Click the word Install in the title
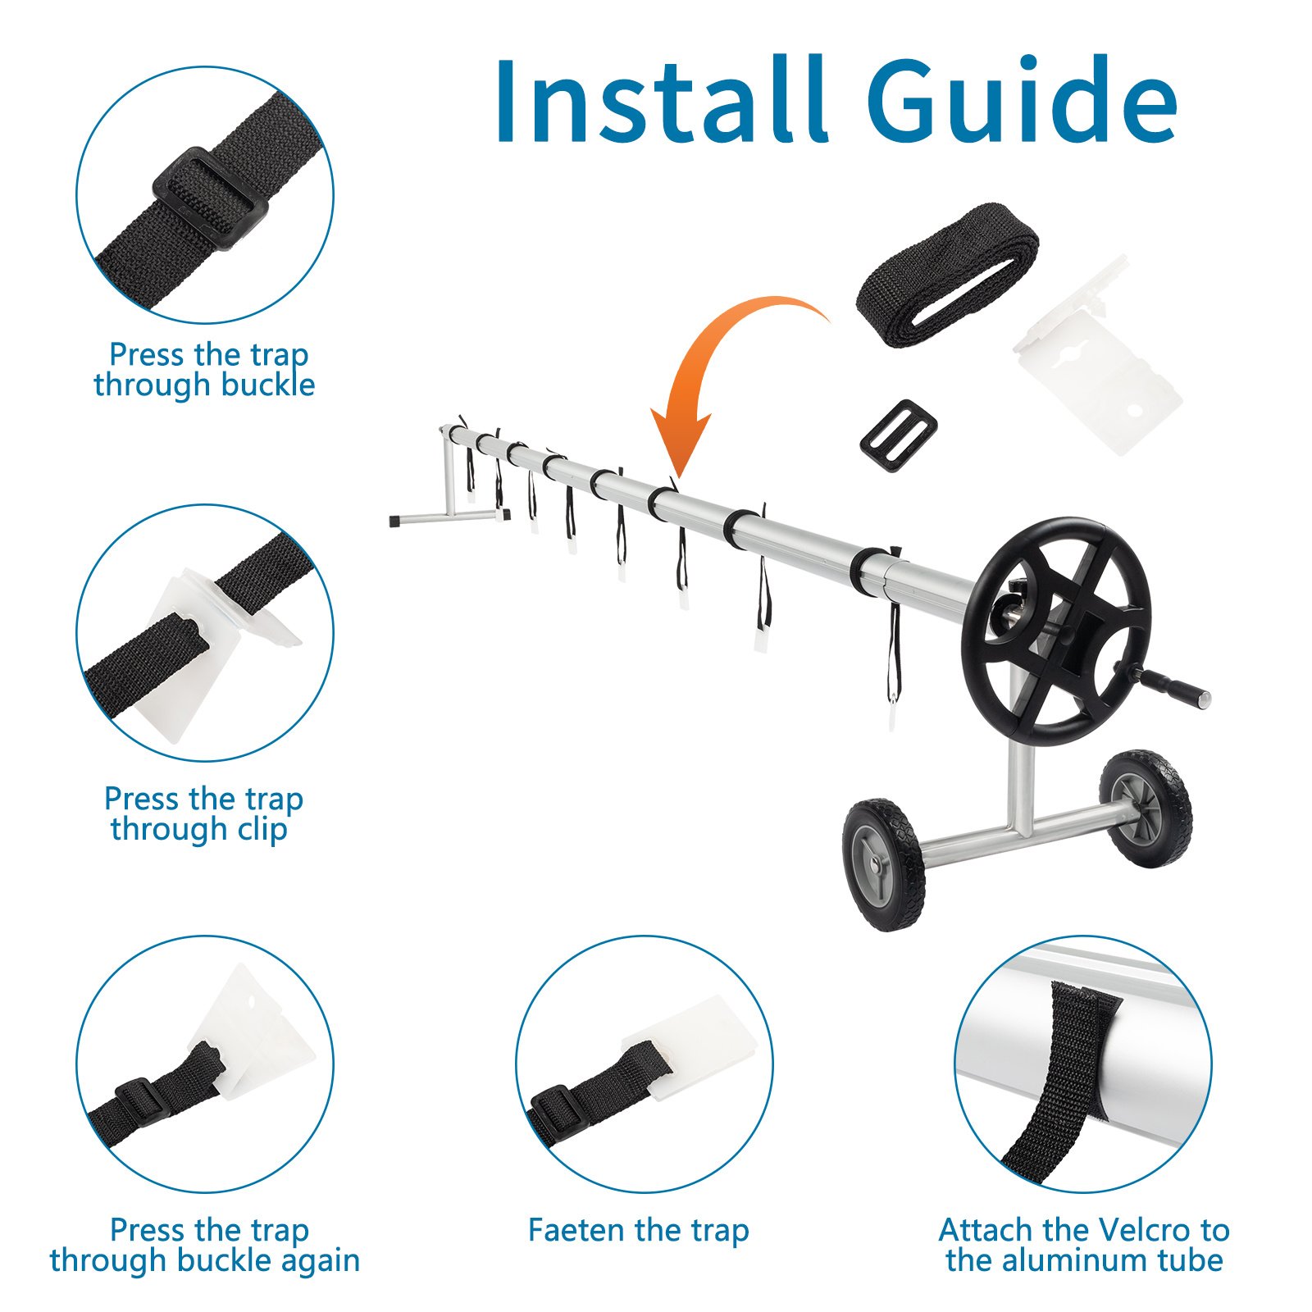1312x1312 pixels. click(660, 100)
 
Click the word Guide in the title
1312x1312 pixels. click(1022, 100)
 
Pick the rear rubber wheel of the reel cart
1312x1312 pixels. click(1146, 808)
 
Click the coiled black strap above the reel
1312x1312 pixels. click(947, 275)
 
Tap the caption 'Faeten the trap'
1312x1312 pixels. click(639, 1230)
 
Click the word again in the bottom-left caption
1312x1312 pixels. click(320, 1261)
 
